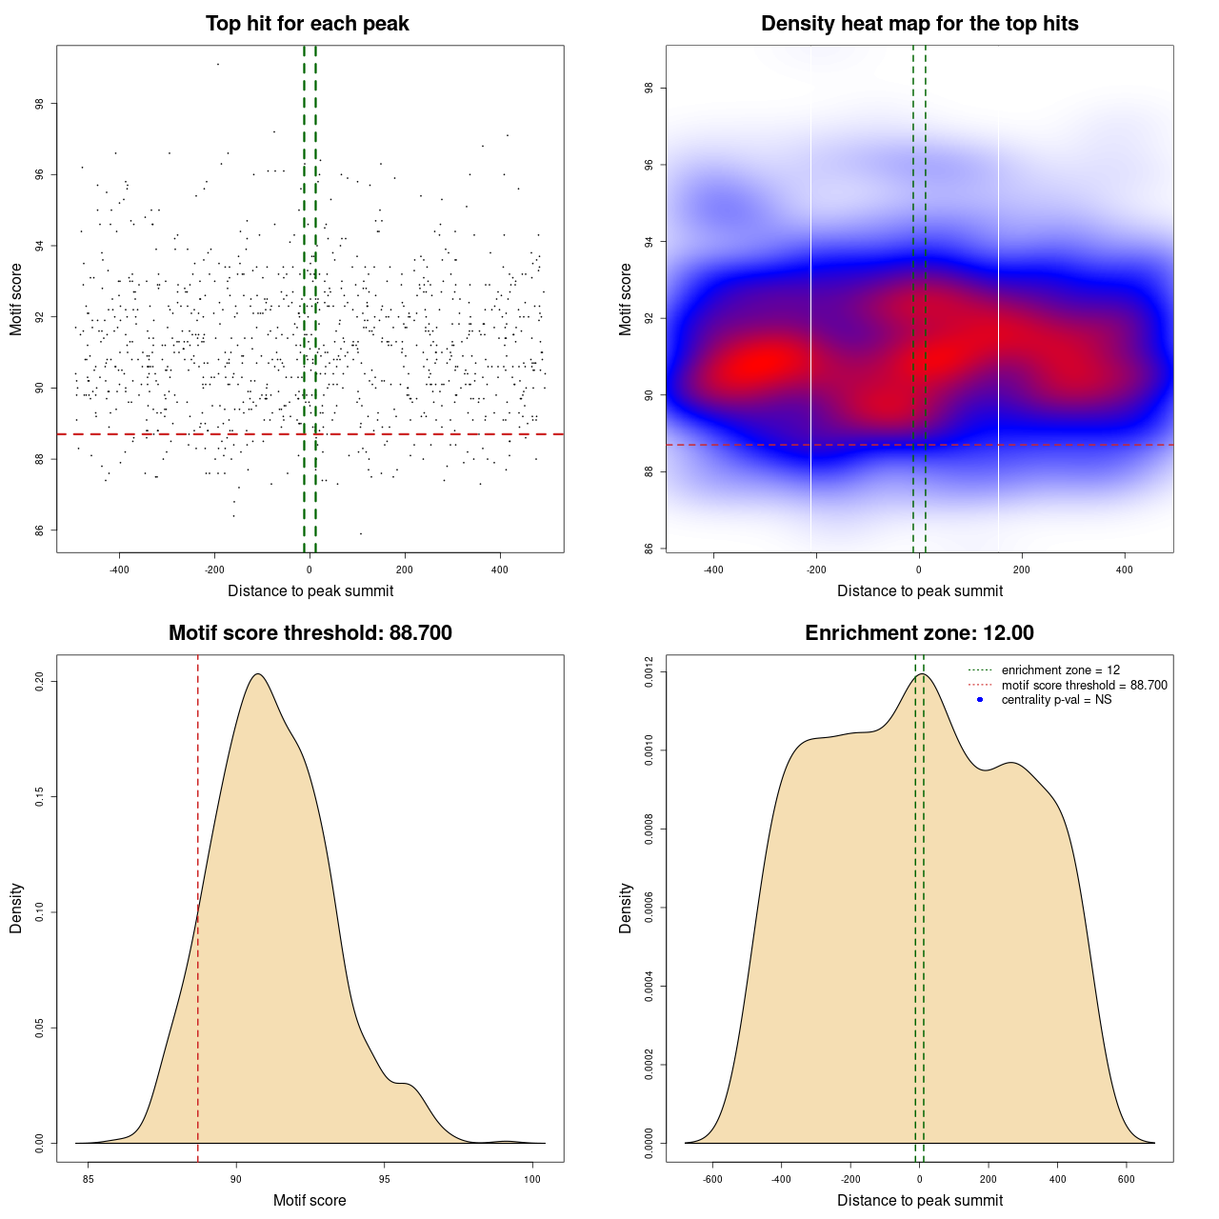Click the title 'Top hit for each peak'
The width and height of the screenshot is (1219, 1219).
click(308, 24)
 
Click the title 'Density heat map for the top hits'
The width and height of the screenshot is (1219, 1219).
click(919, 24)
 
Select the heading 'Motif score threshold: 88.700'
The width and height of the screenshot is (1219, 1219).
click(310, 633)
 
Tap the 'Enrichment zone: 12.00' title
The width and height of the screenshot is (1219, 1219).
click(919, 633)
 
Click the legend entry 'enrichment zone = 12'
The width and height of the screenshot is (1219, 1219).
click(1060, 670)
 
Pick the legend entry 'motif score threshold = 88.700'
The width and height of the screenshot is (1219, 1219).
click(1084, 686)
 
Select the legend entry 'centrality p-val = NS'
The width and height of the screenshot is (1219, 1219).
click(1056, 700)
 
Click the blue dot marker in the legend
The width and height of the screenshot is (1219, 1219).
click(980, 700)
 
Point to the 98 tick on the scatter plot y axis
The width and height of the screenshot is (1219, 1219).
click(40, 104)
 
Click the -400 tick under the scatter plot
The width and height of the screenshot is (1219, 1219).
click(119, 570)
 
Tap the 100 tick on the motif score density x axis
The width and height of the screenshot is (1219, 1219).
click(532, 1179)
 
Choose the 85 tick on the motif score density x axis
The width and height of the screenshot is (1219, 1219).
click(89, 1179)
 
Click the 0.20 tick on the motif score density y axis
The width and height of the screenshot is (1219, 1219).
click(40, 682)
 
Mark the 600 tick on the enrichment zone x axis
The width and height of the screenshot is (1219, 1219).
click(1127, 1179)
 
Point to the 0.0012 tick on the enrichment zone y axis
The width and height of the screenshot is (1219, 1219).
click(649, 672)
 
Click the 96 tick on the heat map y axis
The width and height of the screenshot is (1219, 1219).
click(649, 165)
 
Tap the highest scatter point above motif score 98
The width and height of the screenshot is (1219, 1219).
click(218, 64)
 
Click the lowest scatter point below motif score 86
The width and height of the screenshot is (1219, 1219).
click(360, 533)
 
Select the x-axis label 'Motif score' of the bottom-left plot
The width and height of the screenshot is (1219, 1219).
click(310, 1200)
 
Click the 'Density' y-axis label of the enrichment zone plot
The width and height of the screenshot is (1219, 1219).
click(626, 908)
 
